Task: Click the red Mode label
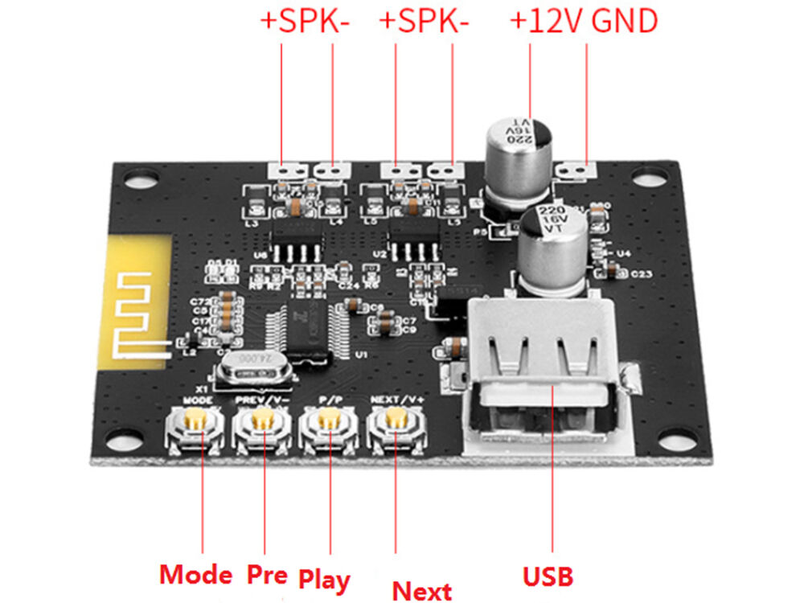(x=195, y=574)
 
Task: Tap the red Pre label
(x=267, y=574)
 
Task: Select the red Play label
(x=324, y=578)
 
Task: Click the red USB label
(x=548, y=576)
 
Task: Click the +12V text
(x=547, y=22)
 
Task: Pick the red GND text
(x=625, y=22)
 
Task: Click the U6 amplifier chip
(x=297, y=238)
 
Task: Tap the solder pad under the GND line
(x=580, y=170)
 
